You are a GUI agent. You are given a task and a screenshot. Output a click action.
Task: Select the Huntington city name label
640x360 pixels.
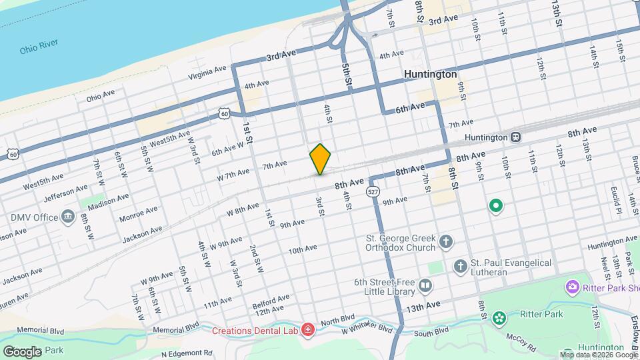[431, 74]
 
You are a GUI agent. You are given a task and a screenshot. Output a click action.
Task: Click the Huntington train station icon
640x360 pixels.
[515, 137]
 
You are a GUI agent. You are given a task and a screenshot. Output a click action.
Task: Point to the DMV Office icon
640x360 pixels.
[68, 217]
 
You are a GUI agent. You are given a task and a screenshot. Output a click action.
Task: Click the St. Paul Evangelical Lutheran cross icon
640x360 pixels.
[460, 267]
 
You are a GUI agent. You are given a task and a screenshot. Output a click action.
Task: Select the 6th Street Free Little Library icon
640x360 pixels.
[425, 287]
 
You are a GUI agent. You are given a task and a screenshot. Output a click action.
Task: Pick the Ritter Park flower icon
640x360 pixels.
[498, 319]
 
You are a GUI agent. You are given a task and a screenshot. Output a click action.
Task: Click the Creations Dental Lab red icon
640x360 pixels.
[307, 329]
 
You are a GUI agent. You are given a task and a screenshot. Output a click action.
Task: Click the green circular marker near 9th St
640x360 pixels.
[495, 206]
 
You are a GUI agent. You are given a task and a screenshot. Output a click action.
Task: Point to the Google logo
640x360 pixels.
[22, 351]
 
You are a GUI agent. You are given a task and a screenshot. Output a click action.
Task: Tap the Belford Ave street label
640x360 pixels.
[271, 302]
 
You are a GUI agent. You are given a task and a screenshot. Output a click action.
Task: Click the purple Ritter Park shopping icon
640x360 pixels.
[571, 287]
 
